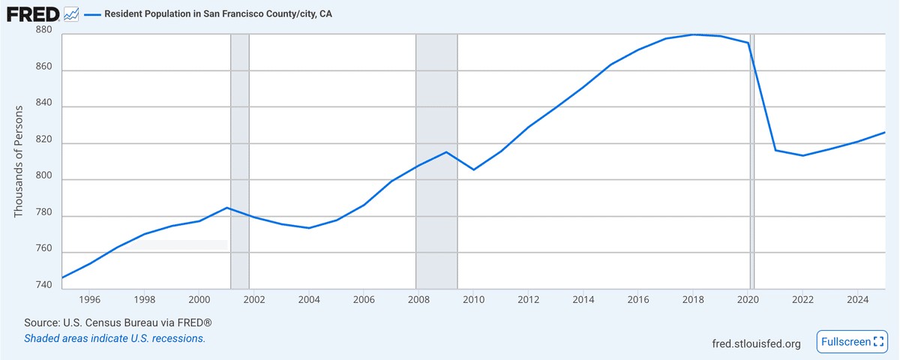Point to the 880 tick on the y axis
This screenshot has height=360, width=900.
44,30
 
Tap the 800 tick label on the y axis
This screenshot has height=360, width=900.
44,180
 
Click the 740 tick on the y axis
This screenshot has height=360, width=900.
44,285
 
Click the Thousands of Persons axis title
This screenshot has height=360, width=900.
19,162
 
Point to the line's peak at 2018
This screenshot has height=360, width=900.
694,34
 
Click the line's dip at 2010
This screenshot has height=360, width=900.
473,169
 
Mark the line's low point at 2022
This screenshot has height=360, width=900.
803,155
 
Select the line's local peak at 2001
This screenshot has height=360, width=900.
226,208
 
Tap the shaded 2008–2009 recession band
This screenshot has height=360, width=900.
436,225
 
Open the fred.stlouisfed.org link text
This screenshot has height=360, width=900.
756,343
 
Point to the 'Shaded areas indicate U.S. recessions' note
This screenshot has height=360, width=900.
115,338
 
